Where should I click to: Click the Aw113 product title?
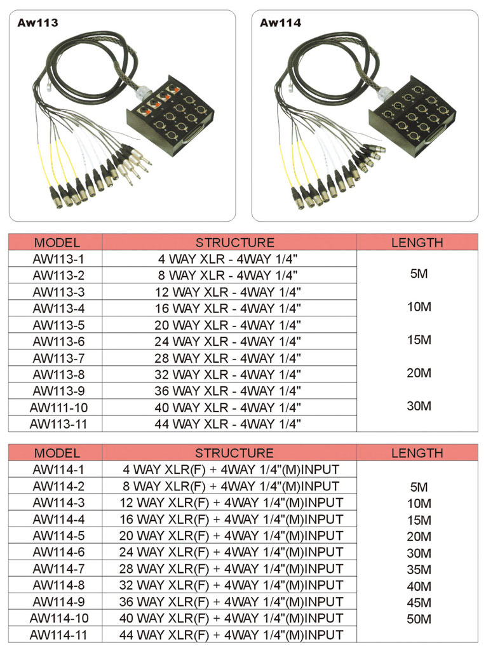38,23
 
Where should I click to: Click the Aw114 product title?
280,23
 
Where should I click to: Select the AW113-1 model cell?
57,259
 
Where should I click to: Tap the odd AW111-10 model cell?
57,407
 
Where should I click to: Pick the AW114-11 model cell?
57,634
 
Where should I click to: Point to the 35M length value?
419,569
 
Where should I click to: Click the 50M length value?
419,619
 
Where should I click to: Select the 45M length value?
419,602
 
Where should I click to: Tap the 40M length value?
419,586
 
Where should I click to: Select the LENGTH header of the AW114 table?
417,453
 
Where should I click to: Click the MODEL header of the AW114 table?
57,453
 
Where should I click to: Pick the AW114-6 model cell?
57,552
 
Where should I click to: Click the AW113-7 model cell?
57,358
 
